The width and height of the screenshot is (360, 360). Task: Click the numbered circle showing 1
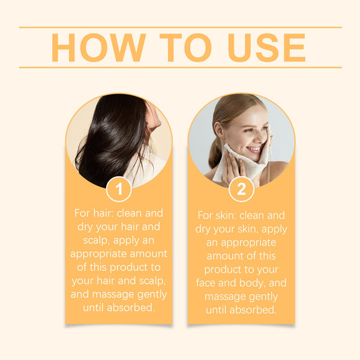(x=119, y=190)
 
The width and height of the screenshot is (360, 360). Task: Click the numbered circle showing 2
(x=241, y=190)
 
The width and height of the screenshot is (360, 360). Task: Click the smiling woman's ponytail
(x=215, y=153)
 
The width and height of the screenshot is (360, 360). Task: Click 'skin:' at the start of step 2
(x=230, y=215)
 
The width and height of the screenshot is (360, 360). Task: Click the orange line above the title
(x=180, y=27)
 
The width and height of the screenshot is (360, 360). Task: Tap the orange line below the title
(x=180, y=67)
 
